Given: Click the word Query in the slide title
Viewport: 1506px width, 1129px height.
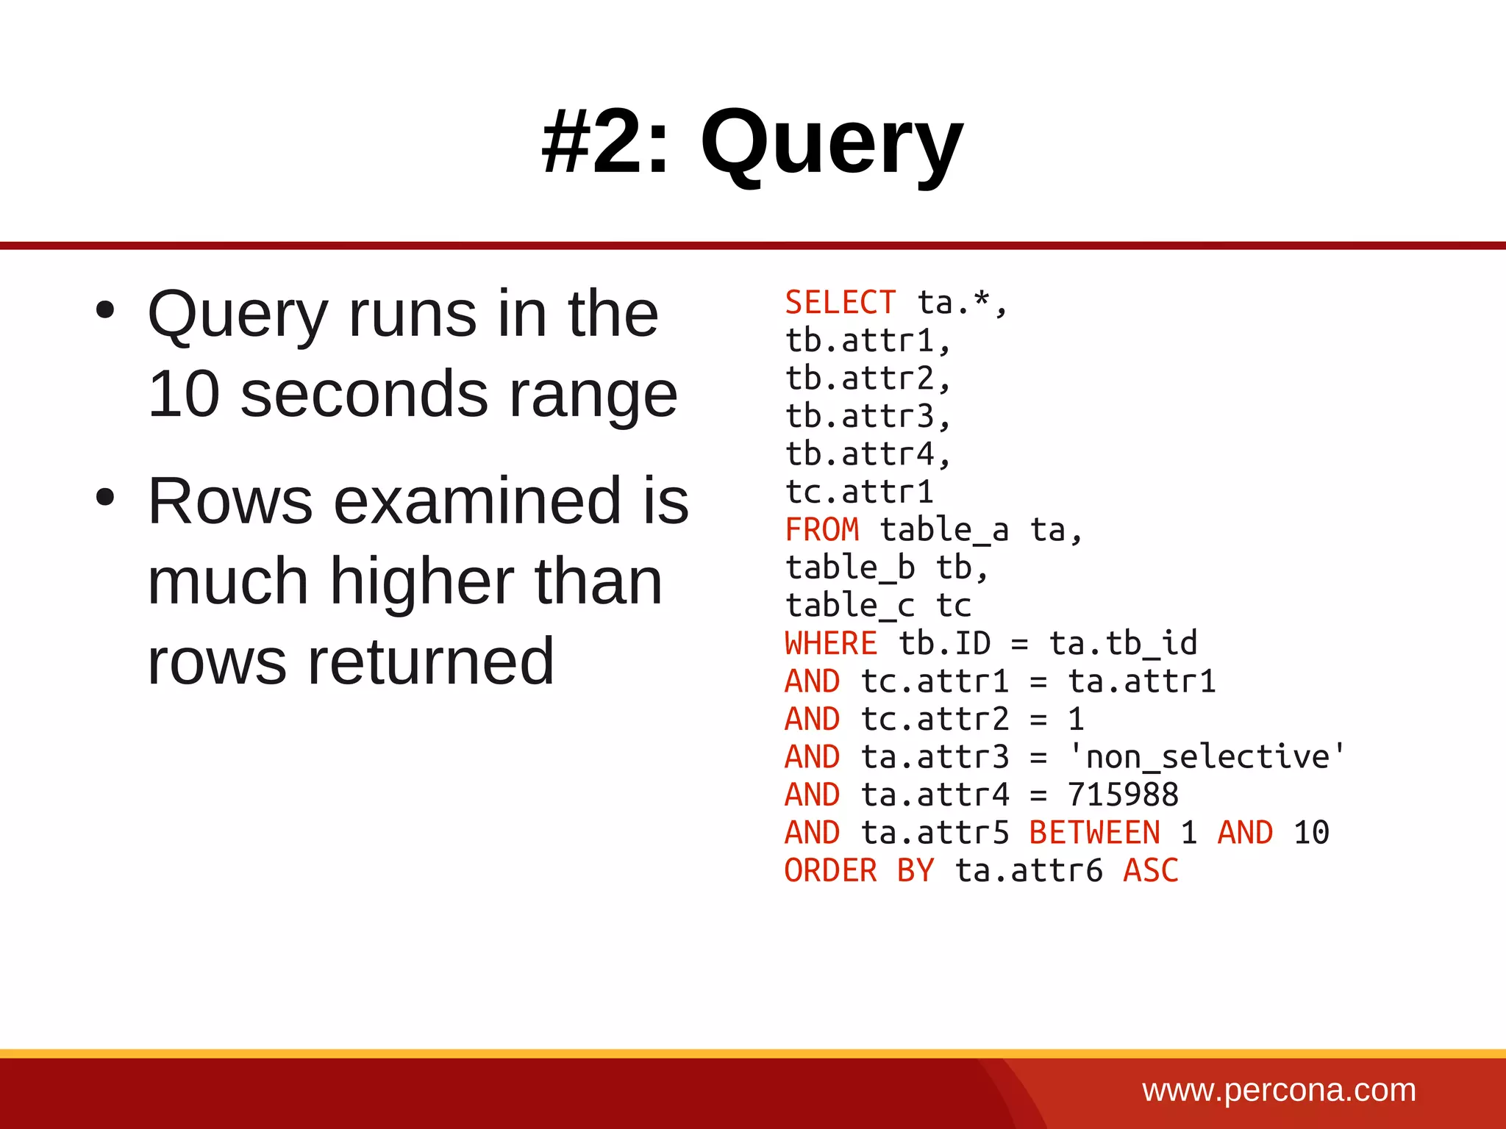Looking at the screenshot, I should click(831, 143).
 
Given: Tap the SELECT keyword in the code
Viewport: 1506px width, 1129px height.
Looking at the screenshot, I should click(840, 303).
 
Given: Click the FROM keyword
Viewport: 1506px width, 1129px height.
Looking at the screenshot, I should click(821, 530).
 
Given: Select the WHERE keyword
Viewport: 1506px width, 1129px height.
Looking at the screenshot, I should click(830, 644).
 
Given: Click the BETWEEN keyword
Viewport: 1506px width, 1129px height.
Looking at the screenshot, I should click(1094, 833).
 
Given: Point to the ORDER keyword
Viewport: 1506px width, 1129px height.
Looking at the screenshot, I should click(830, 871).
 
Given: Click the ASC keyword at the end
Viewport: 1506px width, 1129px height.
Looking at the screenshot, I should click(1150, 871).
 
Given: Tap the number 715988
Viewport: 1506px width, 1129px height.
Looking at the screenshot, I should click(1123, 795).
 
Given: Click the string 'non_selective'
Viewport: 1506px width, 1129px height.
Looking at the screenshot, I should click(1207, 757).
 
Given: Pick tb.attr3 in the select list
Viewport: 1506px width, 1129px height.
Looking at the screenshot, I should click(868, 417).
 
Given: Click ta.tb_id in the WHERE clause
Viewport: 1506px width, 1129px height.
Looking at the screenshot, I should click(1123, 644).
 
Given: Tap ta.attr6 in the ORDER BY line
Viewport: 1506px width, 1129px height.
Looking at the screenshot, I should click(1028, 871).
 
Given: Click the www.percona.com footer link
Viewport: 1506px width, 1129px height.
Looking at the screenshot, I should click(1279, 1090).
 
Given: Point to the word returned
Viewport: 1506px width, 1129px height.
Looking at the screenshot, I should click(430, 662).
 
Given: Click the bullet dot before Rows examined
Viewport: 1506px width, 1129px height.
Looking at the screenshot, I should click(105, 498).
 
